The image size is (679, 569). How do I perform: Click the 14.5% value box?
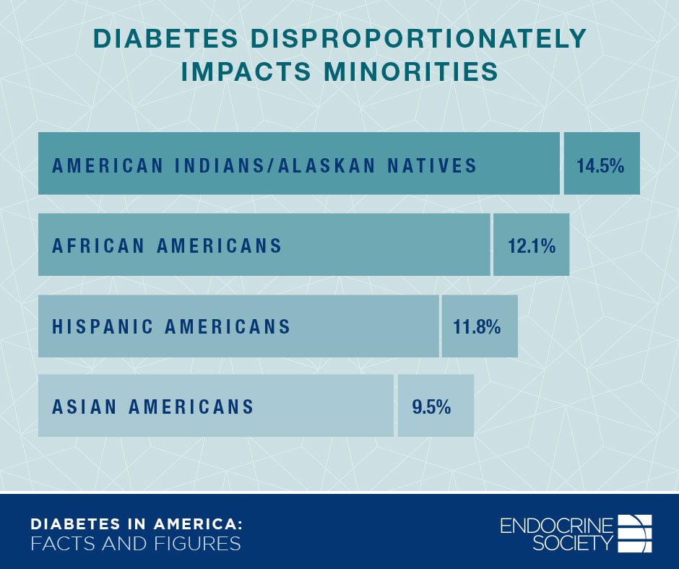click(601, 164)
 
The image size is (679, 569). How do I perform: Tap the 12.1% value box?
click(531, 246)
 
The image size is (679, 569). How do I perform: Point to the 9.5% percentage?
click(432, 407)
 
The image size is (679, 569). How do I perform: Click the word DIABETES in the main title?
click(171, 40)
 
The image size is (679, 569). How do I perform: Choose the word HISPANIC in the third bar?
click(103, 326)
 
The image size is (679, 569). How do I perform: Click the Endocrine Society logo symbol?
click(635, 533)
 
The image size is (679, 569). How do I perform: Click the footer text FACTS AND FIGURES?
click(135, 544)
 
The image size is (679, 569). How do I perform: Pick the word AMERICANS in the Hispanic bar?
click(228, 326)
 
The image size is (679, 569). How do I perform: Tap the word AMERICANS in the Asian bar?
click(191, 407)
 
